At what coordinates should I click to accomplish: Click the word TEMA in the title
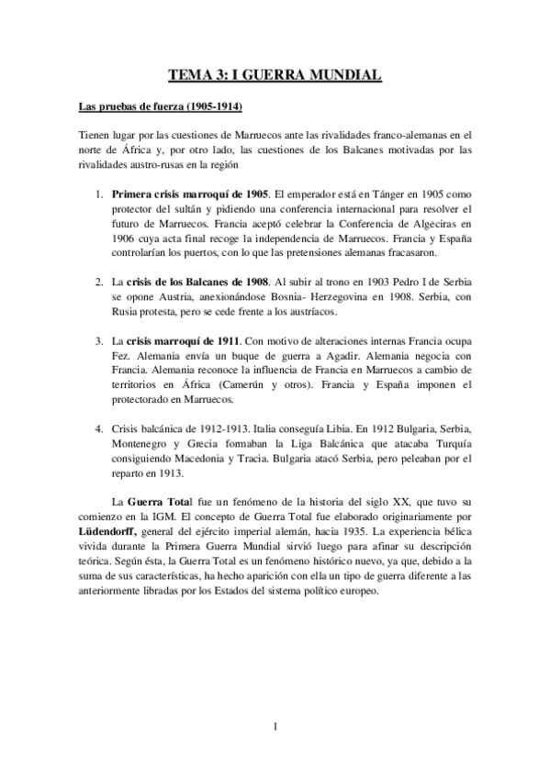(x=193, y=76)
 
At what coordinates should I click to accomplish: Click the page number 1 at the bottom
(x=275, y=728)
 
